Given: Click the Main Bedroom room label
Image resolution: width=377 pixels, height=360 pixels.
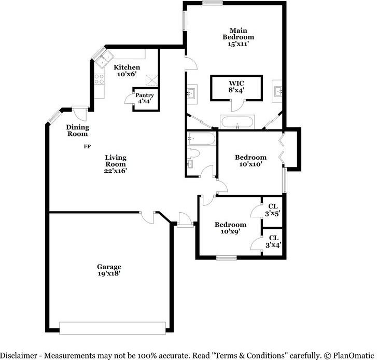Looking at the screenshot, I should coord(238,37).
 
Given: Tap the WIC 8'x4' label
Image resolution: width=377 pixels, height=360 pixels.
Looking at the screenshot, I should coord(236,86).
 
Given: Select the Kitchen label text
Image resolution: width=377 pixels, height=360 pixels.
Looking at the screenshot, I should coord(127,71).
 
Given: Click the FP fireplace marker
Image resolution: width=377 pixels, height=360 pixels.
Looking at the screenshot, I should coord(87,147).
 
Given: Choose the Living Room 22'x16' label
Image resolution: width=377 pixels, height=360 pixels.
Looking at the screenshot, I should coord(115,163).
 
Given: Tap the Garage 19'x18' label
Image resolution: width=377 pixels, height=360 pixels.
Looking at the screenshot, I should coord(108,270).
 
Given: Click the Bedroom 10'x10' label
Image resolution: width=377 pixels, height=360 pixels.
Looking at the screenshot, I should coord(250,160).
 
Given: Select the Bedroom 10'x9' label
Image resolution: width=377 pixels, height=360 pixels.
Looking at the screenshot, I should coord(230,228).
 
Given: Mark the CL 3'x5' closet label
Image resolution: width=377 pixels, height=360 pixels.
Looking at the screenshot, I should coord(273,209).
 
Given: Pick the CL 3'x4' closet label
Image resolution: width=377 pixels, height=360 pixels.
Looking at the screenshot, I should coord(273,242).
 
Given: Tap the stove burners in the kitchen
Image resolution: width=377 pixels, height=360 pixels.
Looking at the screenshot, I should coord(99,79).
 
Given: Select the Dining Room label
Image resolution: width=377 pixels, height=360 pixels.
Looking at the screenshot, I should coord(77,130).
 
